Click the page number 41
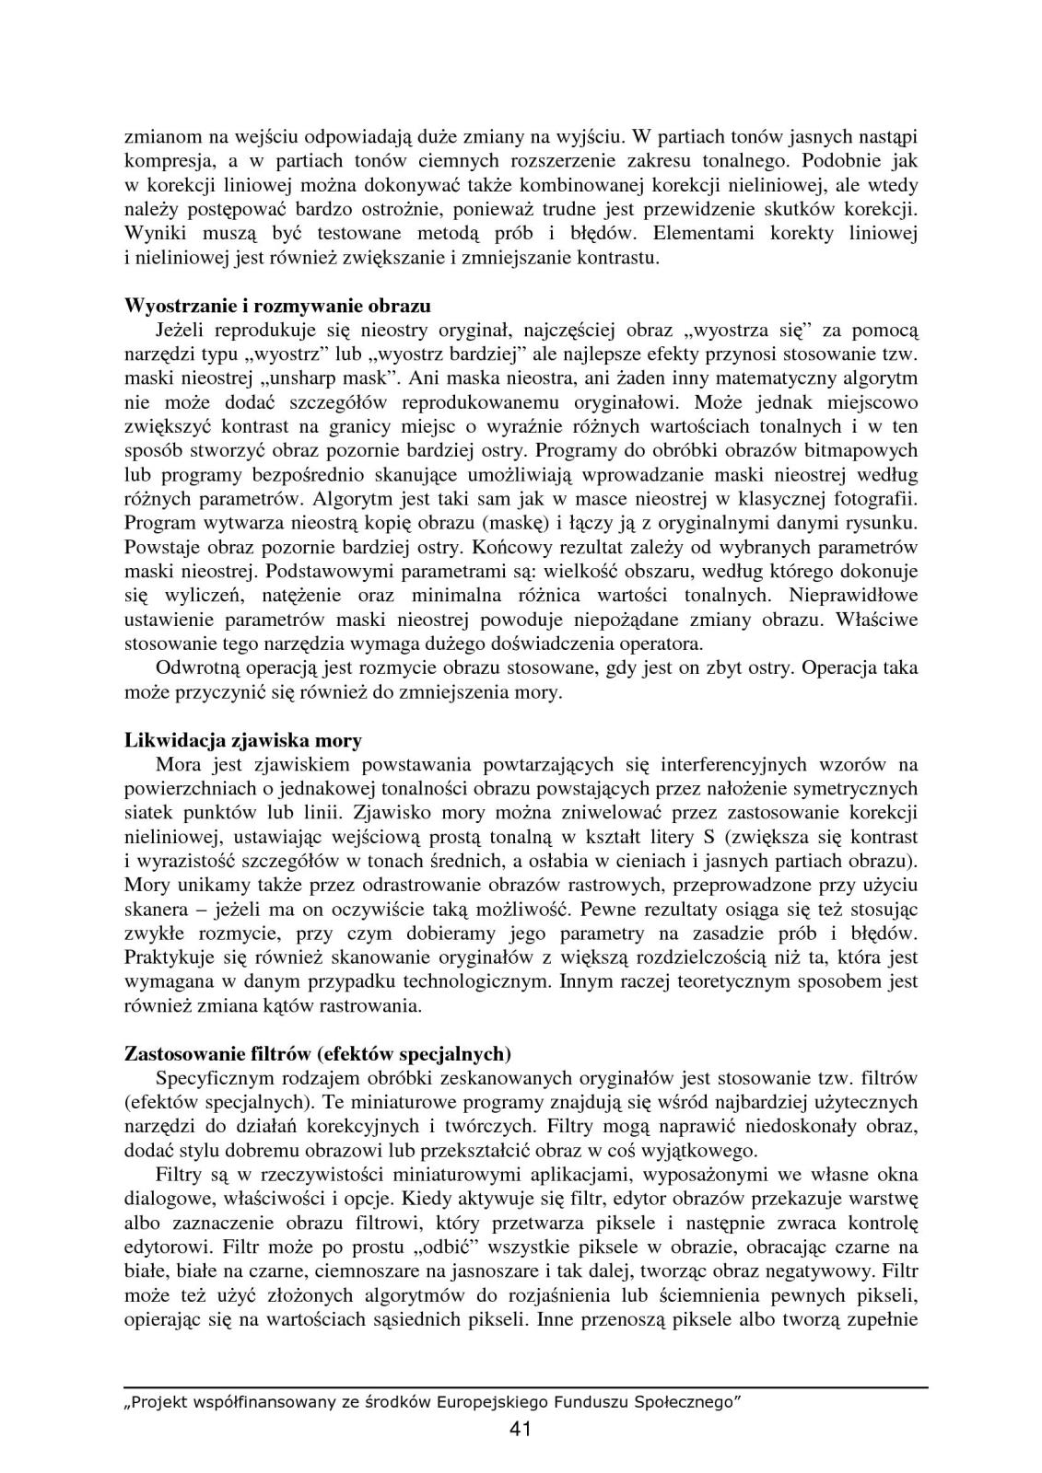[x=520, y=1429]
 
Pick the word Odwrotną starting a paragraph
[x=199, y=667]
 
